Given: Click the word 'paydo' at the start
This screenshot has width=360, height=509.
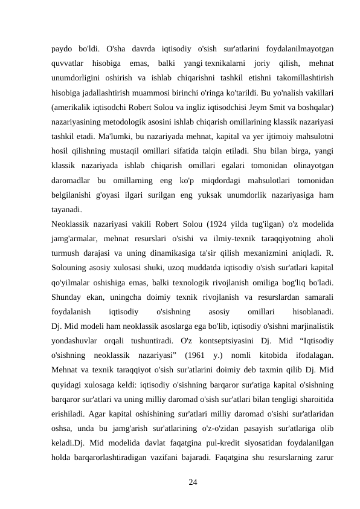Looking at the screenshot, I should [x=62, y=48].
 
